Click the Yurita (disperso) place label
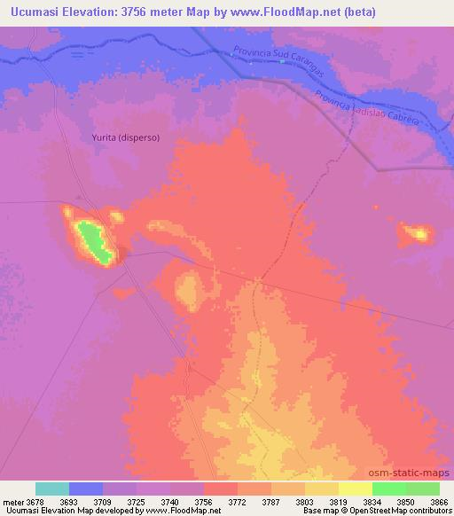(x=125, y=137)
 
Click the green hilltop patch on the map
(x=93, y=242)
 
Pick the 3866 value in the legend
(x=439, y=501)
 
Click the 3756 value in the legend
(x=203, y=501)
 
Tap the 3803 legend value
(x=305, y=501)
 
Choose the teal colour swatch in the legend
(x=52, y=489)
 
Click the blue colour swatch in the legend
(x=86, y=489)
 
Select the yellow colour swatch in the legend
(x=356, y=489)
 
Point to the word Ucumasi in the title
(x=32, y=12)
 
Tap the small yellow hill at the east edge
(x=416, y=234)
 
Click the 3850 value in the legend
(x=406, y=501)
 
